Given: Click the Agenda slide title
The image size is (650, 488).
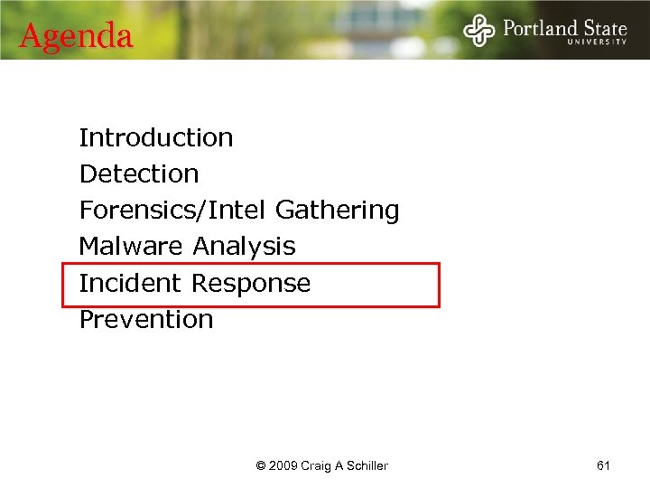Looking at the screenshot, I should pyautogui.click(x=76, y=36).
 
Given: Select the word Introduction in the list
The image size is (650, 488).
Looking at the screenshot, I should pyautogui.click(x=156, y=137).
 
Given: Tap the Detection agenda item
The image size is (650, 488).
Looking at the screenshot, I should pyautogui.click(x=139, y=174).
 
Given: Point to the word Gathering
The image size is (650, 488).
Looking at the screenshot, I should pyautogui.click(x=337, y=211).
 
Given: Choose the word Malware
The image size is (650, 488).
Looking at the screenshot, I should pyautogui.click(x=132, y=246).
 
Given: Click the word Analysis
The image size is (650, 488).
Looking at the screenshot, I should pyautogui.click(x=245, y=246).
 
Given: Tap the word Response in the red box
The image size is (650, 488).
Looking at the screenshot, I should pyautogui.click(x=251, y=283).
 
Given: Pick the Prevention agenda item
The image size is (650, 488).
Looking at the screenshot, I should pyautogui.click(x=146, y=319).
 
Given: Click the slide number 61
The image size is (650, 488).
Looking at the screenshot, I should pyautogui.click(x=604, y=465).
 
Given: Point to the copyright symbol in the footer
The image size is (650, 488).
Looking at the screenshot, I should pyautogui.click(x=261, y=466).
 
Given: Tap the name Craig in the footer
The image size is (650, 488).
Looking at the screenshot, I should pyautogui.click(x=317, y=466).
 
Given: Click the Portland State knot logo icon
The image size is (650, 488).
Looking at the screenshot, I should pyautogui.click(x=479, y=30).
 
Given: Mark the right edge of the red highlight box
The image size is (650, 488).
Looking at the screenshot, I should pyautogui.click(x=439, y=285).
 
